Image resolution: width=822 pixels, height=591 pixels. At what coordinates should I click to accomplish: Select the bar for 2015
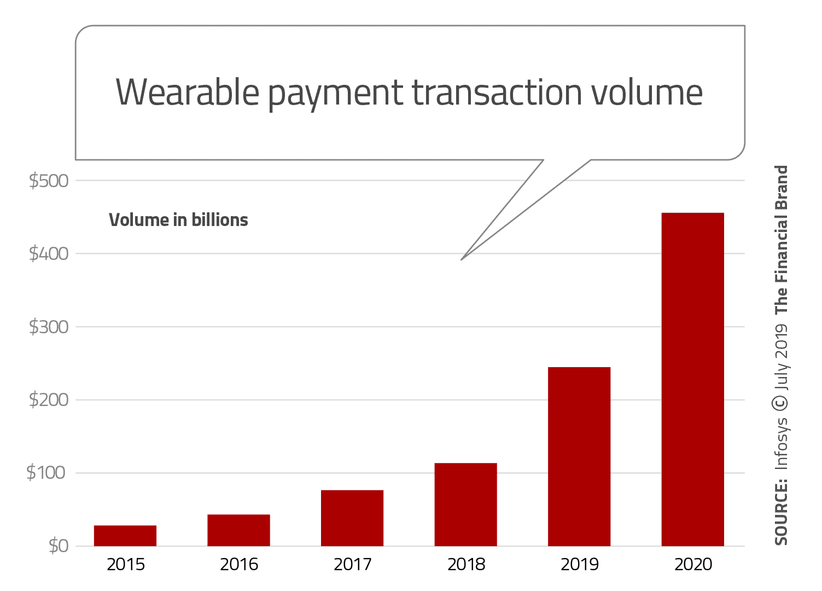pyautogui.click(x=125, y=536)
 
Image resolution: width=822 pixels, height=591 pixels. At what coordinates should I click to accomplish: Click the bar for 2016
pyautogui.click(x=238, y=530)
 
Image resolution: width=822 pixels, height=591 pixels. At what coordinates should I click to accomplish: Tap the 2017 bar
pyautogui.click(x=352, y=518)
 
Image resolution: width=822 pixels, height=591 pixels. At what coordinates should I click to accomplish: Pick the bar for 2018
pyautogui.click(x=466, y=505)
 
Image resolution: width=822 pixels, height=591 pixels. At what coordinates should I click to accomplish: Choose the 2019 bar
pyautogui.click(x=579, y=456)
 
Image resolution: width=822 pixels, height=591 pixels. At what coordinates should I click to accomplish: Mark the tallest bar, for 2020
pyautogui.click(x=692, y=379)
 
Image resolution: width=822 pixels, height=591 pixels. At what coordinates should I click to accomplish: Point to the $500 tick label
pyautogui.click(x=49, y=181)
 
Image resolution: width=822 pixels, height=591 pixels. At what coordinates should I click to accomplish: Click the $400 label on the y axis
pyautogui.click(x=49, y=253)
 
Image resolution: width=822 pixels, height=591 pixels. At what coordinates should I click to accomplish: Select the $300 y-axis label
pyautogui.click(x=49, y=327)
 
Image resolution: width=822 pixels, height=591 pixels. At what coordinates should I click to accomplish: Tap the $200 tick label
pyautogui.click(x=49, y=400)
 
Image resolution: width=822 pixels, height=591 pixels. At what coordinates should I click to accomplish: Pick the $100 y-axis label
pyautogui.click(x=47, y=473)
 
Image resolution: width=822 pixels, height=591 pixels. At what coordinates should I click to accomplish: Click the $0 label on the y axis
pyautogui.click(x=59, y=546)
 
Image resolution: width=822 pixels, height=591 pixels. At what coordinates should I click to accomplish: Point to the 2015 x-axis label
pyautogui.click(x=126, y=564)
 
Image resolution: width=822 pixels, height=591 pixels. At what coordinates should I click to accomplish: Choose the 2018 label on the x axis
pyautogui.click(x=466, y=564)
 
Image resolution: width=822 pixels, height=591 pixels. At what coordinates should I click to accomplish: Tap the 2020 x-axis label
pyautogui.click(x=693, y=564)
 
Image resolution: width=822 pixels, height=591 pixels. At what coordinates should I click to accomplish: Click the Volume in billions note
pyautogui.click(x=178, y=220)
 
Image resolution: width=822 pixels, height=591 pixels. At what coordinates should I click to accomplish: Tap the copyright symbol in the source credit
pyautogui.click(x=780, y=403)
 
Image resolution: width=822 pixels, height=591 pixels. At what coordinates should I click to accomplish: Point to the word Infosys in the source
pyautogui.click(x=782, y=443)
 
